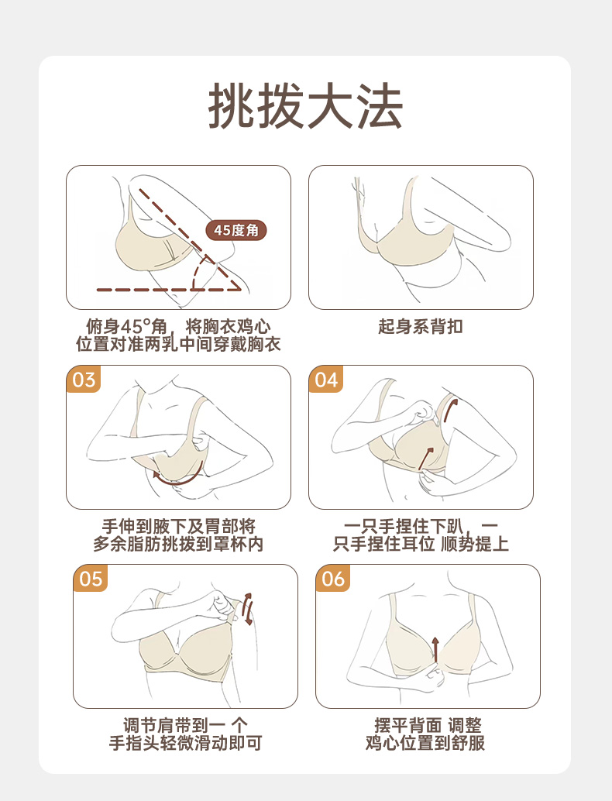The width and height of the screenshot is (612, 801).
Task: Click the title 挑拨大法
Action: [305, 106]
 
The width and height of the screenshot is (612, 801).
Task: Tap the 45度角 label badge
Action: [236, 230]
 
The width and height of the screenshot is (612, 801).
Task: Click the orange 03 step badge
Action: [83, 380]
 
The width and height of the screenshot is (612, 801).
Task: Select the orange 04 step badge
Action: [326, 380]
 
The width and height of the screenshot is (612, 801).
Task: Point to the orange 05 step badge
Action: [91, 579]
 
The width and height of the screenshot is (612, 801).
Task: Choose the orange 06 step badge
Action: [333, 579]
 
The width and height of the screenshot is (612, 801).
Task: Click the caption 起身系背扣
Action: [421, 326]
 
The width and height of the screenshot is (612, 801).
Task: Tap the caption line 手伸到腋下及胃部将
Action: [178, 526]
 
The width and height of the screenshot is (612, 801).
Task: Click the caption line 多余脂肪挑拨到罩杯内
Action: [178, 544]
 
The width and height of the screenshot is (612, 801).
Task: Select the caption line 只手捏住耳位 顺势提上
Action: [421, 544]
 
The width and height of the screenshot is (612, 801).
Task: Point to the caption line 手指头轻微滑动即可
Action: [185, 743]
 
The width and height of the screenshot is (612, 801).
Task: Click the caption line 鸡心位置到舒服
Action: [425, 743]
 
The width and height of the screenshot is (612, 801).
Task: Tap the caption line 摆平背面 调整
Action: [428, 725]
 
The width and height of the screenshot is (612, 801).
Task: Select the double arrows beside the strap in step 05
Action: [248, 609]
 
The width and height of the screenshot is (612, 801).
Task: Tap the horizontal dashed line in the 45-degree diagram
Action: [169, 290]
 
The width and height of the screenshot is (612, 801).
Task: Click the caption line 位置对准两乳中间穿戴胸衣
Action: [178, 344]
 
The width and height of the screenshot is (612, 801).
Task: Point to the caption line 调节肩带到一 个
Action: [185, 725]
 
